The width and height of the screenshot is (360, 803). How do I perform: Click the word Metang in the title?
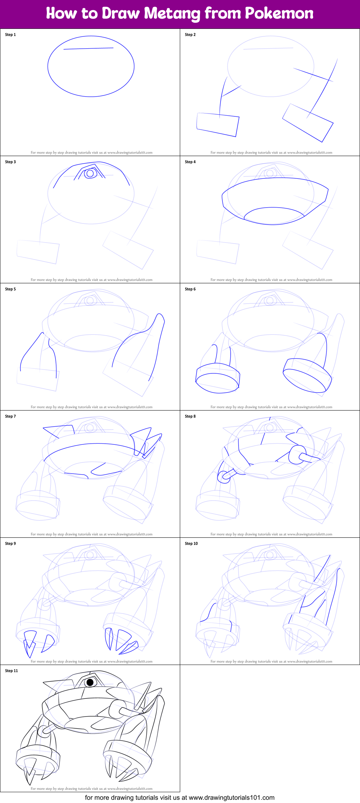[x=173, y=14]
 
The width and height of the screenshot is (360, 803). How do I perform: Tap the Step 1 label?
[x=10, y=35]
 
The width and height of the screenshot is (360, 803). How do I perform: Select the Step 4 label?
[x=190, y=162]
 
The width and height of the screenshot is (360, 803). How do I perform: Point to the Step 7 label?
[x=10, y=416]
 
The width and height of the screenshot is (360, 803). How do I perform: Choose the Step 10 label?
[x=191, y=544]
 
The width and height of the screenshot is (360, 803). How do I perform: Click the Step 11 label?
[x=12, y=671]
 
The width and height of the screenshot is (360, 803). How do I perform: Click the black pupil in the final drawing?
[x=90, y=682]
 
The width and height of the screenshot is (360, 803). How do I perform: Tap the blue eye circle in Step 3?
[x=90, y=174]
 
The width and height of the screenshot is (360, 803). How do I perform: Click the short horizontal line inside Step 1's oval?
[x=88, y=48]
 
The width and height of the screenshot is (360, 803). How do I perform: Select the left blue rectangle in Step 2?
[x=218, y=125]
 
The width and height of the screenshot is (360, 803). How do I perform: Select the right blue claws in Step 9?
[x=121, y=641]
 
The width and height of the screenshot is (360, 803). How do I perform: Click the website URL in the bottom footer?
[x=232, y=797]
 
